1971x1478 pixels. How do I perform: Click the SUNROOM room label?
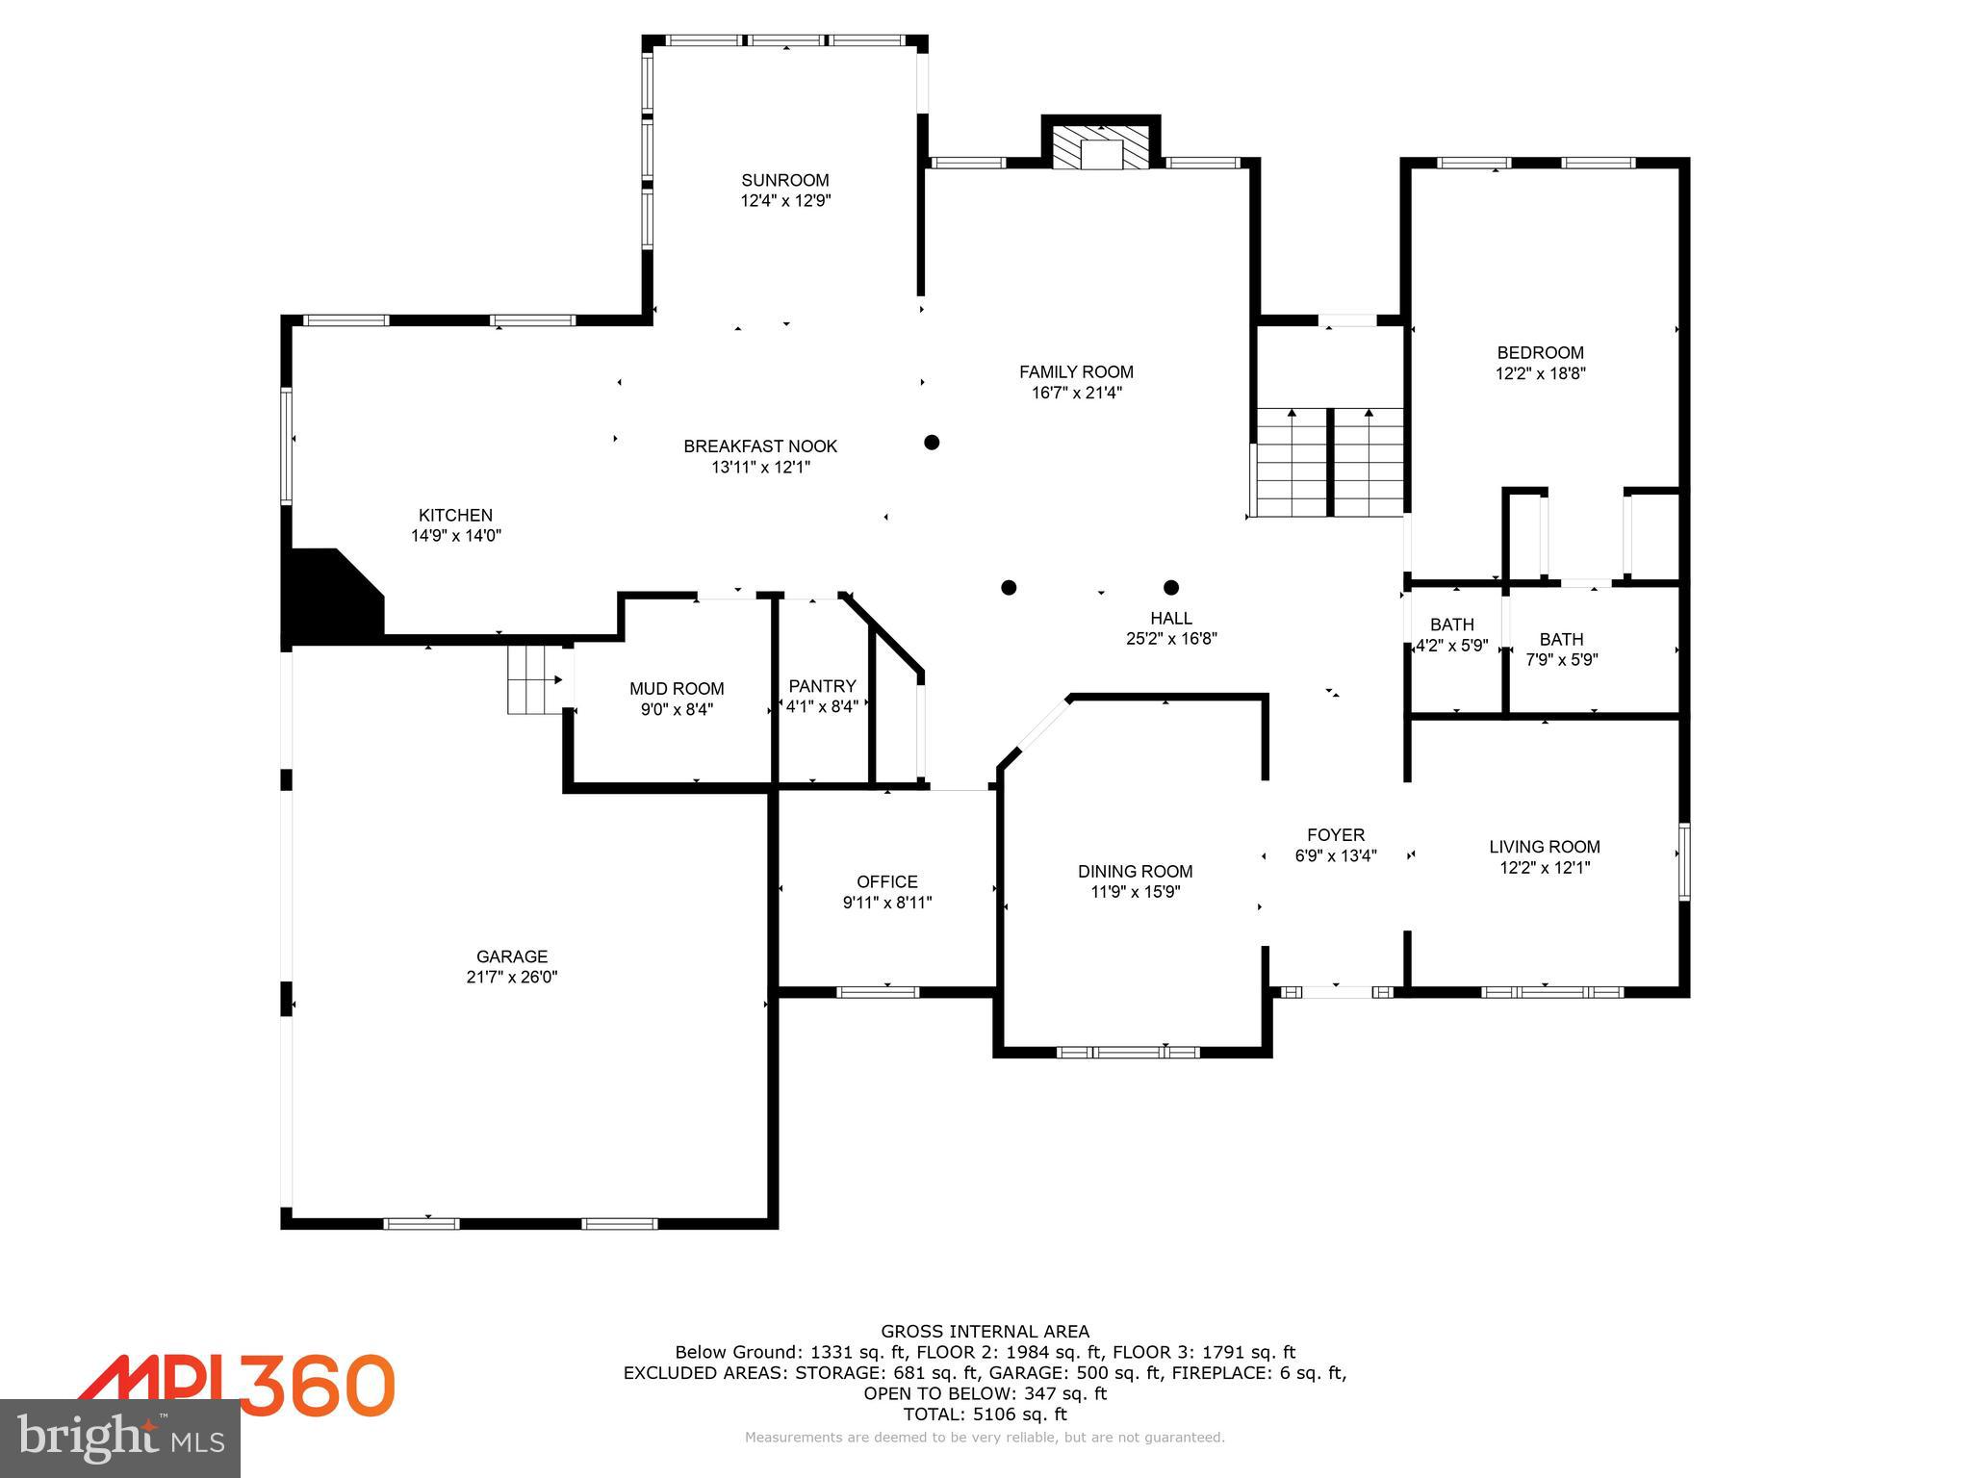[784, 180]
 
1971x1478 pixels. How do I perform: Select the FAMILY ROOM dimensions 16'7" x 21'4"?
[1076, 393]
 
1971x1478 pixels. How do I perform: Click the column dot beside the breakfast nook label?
[931, 443]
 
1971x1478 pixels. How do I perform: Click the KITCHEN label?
[455, 515]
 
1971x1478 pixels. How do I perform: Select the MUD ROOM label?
[677, 688]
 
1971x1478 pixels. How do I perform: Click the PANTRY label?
[822, 685]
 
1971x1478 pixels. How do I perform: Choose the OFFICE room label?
[886, 881]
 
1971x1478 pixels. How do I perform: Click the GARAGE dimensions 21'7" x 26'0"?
[511, 977]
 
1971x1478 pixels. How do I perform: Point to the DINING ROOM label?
[1135, 871]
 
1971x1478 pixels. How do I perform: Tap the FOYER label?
[1335, 834]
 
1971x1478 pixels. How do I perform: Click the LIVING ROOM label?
[1544, 846]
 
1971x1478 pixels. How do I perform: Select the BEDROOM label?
[1540, 352]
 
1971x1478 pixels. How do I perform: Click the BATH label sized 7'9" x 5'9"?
[1561, 639]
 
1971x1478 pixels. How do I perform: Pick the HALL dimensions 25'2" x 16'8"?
[1171, 638]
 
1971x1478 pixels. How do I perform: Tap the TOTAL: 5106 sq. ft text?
[985, 1414]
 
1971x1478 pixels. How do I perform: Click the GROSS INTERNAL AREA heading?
[985, 1331]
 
